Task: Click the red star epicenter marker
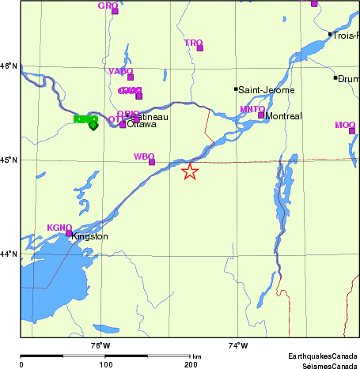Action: point(190,171)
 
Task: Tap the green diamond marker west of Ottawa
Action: point(93,125)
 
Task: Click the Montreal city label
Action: point(283,116)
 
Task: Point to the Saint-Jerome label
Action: point(267,90)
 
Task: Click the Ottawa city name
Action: point(142,125)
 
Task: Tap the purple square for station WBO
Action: point(152,162)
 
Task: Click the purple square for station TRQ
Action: point(200,48)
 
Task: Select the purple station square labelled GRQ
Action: point(115,11)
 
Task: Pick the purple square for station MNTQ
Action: point(261,115)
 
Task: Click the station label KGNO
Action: point(59,228)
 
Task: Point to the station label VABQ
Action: point(119,71)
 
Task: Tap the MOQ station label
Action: point(345,125)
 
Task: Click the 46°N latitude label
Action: point(9,66)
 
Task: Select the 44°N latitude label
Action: point(9,254)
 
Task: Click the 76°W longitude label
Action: point(100,345)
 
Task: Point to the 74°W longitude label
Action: point(237,345)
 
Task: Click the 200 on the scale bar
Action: point(190,365)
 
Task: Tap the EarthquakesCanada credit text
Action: point(322,356)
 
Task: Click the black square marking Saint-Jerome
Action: point(236,89)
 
